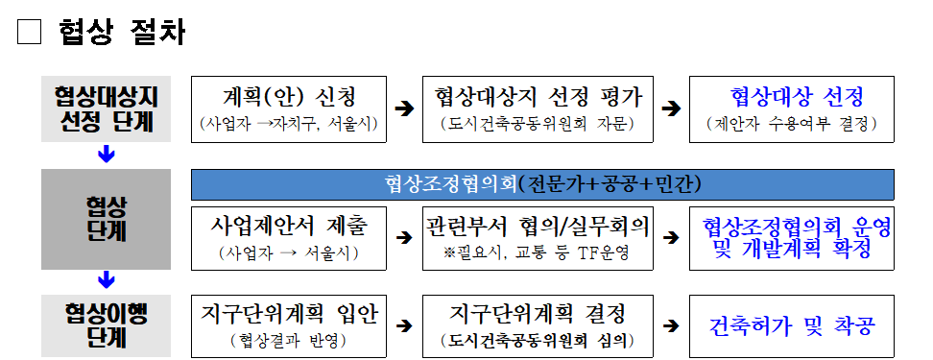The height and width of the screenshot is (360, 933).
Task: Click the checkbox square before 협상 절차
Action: click(x=31, y=33)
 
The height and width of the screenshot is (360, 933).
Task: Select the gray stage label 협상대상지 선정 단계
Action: click(x=107, y=109)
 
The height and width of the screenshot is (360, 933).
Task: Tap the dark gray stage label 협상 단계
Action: click(x=107, y=219)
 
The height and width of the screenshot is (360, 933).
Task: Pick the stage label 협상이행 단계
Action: click(x=107, y=324)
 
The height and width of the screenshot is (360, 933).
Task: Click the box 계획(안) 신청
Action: click(x=288, y=108)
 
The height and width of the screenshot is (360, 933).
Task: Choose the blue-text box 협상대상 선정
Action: click(x=792, y=108)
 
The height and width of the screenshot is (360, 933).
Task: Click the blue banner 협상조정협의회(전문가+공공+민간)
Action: click(x=542, y=182)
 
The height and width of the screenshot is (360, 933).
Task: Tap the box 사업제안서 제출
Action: click(x=288, y=236)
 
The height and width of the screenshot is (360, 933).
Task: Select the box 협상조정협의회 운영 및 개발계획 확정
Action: click(x=792, y=236)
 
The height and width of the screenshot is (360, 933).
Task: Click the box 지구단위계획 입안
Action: click(x=288, y=324)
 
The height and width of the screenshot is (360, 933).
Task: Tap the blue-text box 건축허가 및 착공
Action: click(x=792, y=324)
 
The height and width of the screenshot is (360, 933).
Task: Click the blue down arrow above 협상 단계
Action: click(x=107, y=154)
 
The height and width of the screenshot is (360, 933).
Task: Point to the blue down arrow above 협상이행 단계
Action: click(x=107, y=279)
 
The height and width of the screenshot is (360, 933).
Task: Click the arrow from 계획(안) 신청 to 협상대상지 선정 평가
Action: click(x=404, y=109)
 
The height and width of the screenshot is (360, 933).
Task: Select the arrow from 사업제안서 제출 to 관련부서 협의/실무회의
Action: click(x=404, y=237)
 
